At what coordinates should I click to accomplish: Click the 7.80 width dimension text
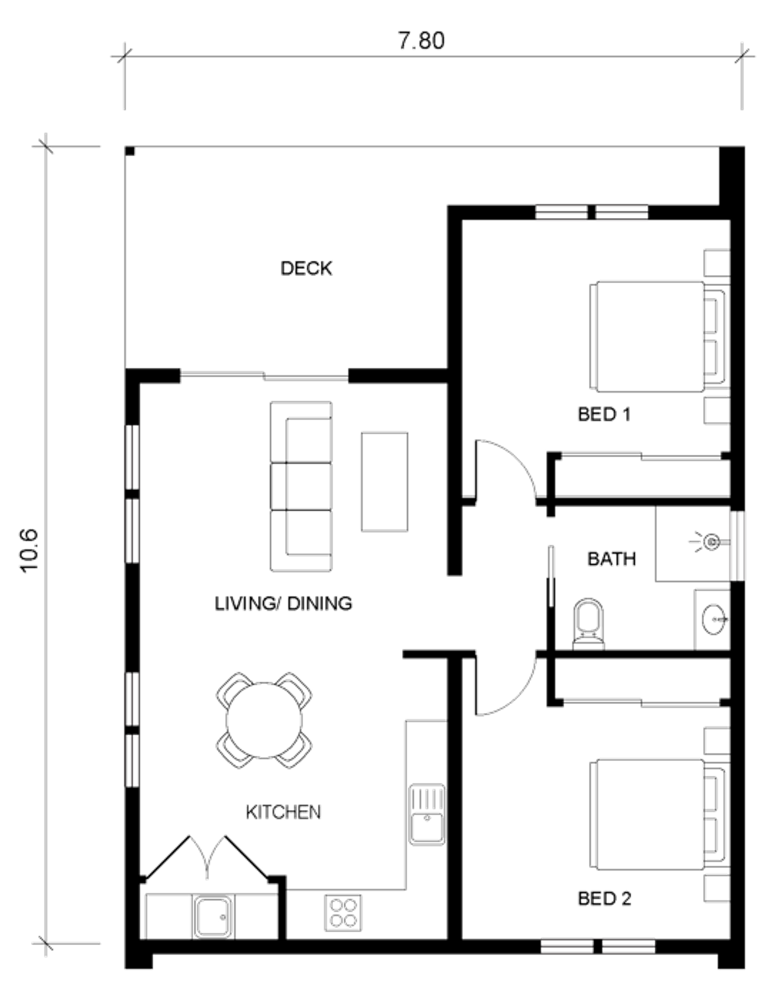pos(421,40)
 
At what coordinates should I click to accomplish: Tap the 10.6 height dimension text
pos(29,550)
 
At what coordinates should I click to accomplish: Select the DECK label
pos(307,268)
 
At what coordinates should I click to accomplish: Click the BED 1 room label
pos(604,415)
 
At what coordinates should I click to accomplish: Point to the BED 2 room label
pos(604,911)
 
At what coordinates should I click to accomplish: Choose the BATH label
pos(611,559)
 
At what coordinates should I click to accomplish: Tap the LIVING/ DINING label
pos(283,604)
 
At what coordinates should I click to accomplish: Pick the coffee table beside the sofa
pos(385,482)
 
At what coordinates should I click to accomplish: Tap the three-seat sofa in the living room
pos(301,486)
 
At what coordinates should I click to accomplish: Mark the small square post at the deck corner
pos(130,151)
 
